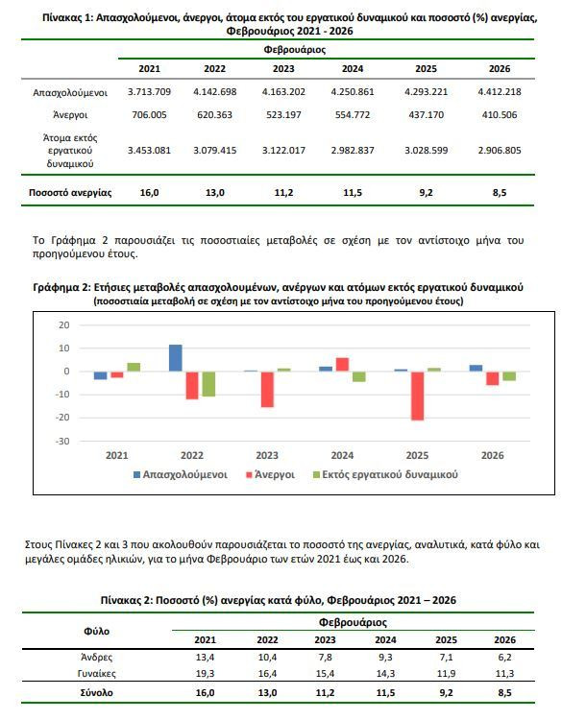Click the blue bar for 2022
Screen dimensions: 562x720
(176, 358)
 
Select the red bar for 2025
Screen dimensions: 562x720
(417, 396)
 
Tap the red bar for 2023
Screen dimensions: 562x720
(267, 390)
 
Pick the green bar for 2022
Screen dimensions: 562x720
(208, 384)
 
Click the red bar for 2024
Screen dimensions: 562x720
(342, 365)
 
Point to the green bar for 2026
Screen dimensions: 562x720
(509, 376)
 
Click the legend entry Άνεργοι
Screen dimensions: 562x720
(271, 474)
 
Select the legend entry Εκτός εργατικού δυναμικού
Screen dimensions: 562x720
(385, 474)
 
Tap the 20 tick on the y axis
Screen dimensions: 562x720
(63, 325)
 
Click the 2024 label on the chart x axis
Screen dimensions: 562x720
(342, 455)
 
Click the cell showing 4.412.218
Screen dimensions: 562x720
(500, 92)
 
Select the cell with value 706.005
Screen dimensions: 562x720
(149, 115)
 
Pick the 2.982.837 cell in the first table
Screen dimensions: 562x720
(353, 150)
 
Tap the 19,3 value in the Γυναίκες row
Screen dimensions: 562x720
(205, 674)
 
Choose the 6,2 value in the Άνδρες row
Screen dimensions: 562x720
(504, 657)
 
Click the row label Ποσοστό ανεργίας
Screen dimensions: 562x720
(70, 192)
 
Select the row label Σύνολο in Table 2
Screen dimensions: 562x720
(96, 692)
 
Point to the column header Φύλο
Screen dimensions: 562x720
(96, 632)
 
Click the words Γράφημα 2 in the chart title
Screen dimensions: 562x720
(61, 287)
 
